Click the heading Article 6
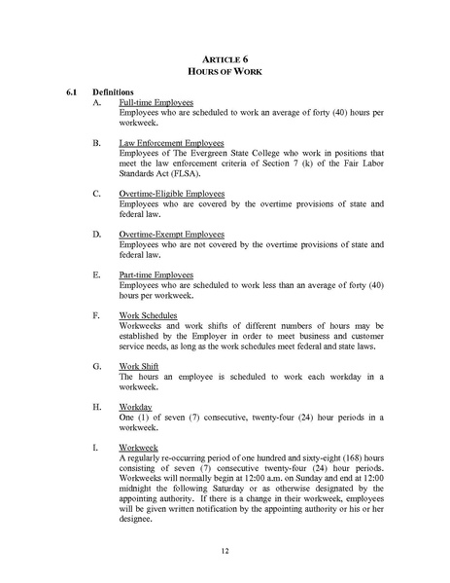tap(225, 58)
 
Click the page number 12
tap(225, 550)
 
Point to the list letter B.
tap(95, 142)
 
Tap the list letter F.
tap(95, 316)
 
